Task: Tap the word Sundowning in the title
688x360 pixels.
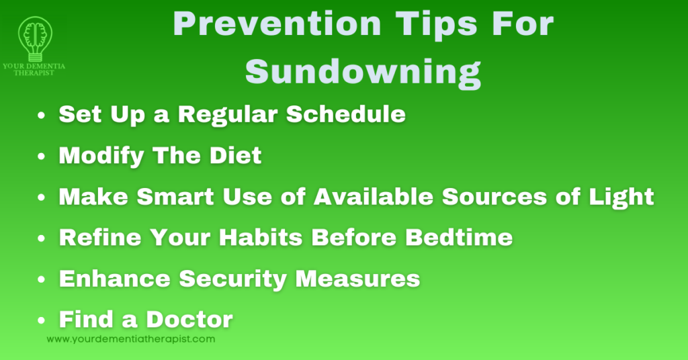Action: coord(363,71)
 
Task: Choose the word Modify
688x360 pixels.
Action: coord(101,156)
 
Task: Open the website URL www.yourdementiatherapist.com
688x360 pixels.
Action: coord(131,339)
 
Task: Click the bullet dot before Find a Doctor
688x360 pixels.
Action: coord(42,320)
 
